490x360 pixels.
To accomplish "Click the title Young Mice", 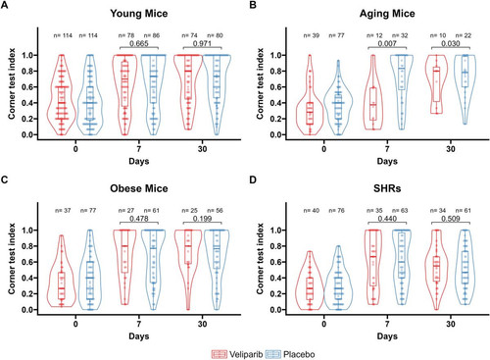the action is pyautogui.click(x=139, y=14).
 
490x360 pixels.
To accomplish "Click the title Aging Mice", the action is pyautogui.click(x=387, y=14).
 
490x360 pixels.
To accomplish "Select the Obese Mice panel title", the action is pyautogui.click(x=139, y=188).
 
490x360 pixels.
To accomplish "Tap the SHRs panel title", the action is pyautogui.click(x=387, y=188).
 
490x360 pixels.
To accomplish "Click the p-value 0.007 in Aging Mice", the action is pyautogui.click(x=387, y=43).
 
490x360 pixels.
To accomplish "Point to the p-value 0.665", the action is pyautogui.click(x=139, y=43).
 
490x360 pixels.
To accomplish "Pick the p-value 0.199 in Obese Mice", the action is pyautogui.click(x=202, y=219).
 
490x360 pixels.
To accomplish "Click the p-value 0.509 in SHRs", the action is pyautogui.click(x=451, y=219).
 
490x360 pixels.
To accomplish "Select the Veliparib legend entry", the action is pyautogui.click(x=237, y=354).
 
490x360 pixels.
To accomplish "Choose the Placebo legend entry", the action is pyautogui.click(x=290, y=354).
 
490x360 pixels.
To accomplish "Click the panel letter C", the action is pyautogui.click(x=4, y=180).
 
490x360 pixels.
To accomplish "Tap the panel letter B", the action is pyautogui.click(x=253, y=6).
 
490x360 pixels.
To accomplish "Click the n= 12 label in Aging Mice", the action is pyautogui.click(x=374, y=35).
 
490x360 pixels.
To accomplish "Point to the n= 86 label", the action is pyautogui.click(x=152, y=35).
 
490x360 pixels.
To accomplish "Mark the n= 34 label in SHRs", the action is pyautogui.click(x=438, y=211).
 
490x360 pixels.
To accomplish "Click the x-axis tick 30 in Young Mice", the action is pyautogui.click(x=202, y=149).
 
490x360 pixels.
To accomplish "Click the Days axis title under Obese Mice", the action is pyautogui.click(x=139, y=336).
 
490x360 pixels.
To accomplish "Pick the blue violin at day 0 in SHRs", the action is pyautogui.click(x=338, y=278).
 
